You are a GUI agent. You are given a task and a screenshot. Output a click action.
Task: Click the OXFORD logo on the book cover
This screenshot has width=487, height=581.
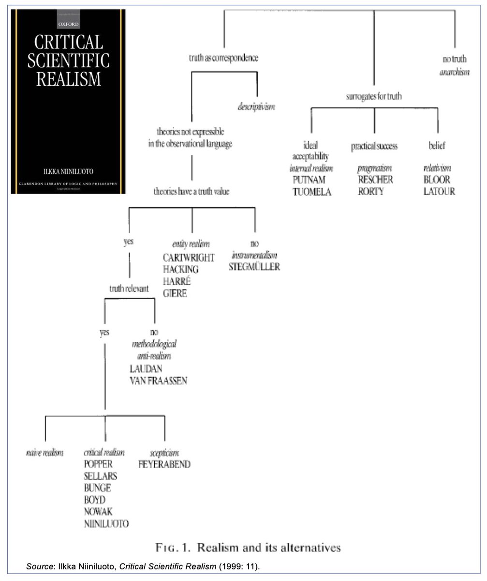pos(68,23)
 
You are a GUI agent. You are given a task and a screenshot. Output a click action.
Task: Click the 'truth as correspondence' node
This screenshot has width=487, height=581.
pos(223,58)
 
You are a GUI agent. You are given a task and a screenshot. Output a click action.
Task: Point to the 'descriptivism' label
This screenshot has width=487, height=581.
pos(256,107)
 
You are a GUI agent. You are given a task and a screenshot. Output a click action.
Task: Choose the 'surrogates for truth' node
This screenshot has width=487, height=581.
pos(374,96)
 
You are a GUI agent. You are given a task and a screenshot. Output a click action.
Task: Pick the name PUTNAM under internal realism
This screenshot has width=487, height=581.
pos(309,180)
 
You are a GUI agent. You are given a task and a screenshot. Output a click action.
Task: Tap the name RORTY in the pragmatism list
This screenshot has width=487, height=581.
pos(370,191)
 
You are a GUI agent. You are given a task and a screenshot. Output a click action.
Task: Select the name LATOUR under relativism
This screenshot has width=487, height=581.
pos(439,191)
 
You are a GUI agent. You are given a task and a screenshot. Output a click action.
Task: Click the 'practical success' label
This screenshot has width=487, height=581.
pos(374,146)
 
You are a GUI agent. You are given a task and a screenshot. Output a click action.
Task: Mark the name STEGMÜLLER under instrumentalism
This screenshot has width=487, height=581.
pos(254,267)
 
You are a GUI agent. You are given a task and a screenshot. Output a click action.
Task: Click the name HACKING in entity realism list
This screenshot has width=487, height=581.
pos(180,269)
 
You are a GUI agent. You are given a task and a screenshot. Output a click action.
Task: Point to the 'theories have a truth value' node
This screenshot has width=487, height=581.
pos(192,192)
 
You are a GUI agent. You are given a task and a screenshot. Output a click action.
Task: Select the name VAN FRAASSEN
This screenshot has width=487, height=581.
pos(158,381)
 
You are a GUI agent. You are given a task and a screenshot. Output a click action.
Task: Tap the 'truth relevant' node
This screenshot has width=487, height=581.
pos(129,289)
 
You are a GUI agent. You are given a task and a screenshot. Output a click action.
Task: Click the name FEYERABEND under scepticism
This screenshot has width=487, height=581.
pos(164,464)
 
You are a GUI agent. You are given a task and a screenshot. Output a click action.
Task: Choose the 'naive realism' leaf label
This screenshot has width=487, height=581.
pos(44,453)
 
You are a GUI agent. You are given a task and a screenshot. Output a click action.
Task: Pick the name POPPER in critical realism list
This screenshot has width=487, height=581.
pos(98,464)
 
